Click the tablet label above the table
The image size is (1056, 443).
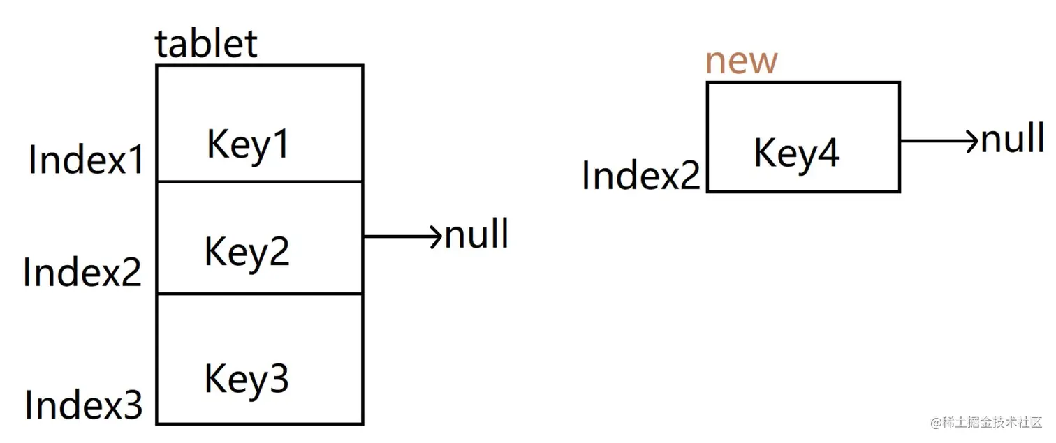pyautogui.click(x=206, y=45)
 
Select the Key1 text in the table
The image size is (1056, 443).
pyautogui.click(x=248, y=145)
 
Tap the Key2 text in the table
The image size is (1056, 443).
pyautogui.click(x=247, y=250)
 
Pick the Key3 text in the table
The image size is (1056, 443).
pyautogui.click(x=246, y=379)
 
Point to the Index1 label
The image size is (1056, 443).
pyautogui.click(x=87, y=160)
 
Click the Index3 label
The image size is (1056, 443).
pyautogui.click(x=84, y=405)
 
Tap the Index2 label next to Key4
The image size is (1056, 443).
pyautogui.click(x=641, y=175)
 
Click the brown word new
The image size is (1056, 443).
pyautogui.click(x=741, y=62)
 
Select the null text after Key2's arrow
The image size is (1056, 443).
pyautogui.click(x=477, y=234)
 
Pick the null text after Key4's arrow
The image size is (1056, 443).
pyautogui.click(x=1013, y=139)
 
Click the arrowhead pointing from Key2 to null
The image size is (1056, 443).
pyautogui.click(x=437, y=236)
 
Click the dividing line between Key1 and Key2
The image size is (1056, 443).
pyautogui.click(x=259, y=182)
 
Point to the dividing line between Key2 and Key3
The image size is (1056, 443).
pyautogui.click(x=259, y=294)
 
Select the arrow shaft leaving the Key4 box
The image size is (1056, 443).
pyautogui.click(x=932, y=141)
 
